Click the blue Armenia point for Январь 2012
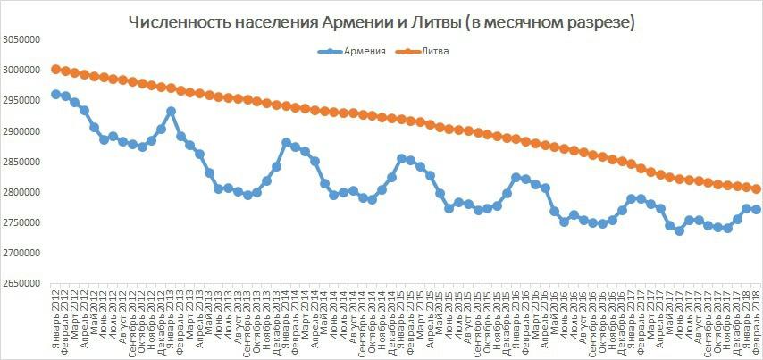(x=55, y=94)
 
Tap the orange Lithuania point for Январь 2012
(x=55, y=69)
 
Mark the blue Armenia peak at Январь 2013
(x=172, y=112)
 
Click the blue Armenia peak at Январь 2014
(x=286, y=142)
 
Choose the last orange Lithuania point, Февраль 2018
(x=756, y=188)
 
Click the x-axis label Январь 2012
(x=56, y=318)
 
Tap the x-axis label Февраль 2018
(x=757, y=318)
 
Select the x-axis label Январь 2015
(x=401, y=318)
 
